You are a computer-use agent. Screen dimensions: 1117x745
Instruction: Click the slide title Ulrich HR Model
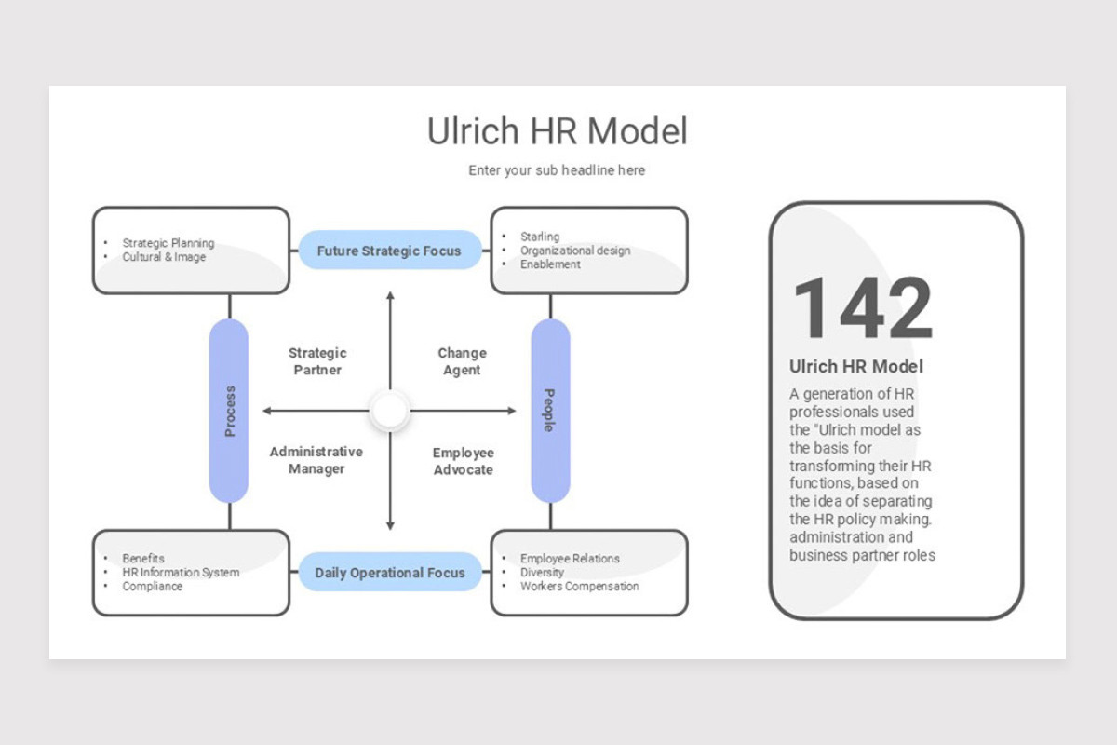pyautogui.click(x=557, y=130)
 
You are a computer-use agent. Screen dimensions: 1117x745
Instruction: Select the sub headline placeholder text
pyautogui.click(x=557, y=170)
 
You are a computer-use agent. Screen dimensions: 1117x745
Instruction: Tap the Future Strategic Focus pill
pyautogui.click(x=389, y=250)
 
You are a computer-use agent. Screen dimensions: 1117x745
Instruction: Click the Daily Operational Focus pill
pyautogui.click(x=390, y=573)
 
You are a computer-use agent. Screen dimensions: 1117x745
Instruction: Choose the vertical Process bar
pyautogui.click(x=229, y=411)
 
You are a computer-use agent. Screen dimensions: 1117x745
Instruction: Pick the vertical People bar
pyautogui.click(x=550, y=411)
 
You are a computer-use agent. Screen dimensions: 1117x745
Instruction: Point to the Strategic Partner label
pyautogui.click(x=317, y=361)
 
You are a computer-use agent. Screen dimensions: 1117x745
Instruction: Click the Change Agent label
pyautogui.click(x=463, y=361)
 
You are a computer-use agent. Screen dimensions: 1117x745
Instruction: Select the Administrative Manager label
pyautogui.click(x=316, y=460)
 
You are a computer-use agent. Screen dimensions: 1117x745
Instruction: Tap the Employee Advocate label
pyautogui.click(x=464, y=461)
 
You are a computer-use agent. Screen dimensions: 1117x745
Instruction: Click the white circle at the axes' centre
pyautogui.click(x=390, y=410)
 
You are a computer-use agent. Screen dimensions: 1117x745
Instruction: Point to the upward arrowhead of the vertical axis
pyautogui.click(x=390, y=295)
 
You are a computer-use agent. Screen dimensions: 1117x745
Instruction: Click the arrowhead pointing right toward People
pyautogui.click(x=512, y=411)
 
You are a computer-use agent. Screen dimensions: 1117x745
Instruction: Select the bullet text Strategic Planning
pyautogui.click(x=168, y=243)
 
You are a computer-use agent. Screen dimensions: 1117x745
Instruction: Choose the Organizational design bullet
pyautogui.click(x=575, y=251)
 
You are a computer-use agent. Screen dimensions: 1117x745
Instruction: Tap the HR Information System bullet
pyautogui.click(x=181, y=573)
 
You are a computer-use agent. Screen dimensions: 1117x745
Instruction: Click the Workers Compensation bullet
pyautogui.click(x=579, y=587)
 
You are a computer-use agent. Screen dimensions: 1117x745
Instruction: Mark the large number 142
pyautogui.click(x=863, y=308)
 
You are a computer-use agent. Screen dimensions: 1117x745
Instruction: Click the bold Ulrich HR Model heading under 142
pyautogui.click(x=856, y=366)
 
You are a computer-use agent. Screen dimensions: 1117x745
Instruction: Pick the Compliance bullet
pyautogui.click(x=152, y=587)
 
